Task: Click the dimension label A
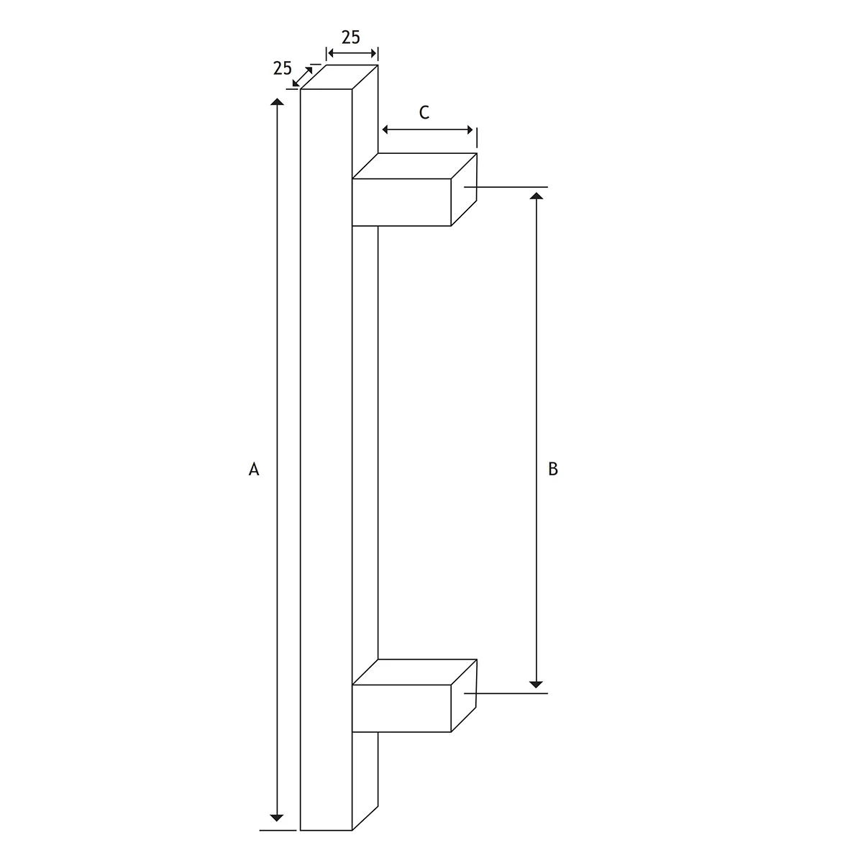[x=253, y=469]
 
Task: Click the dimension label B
[x=552, y=469]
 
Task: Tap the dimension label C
[x=424, y=112]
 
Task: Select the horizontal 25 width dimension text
[x=351, y=37]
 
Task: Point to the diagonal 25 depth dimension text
[x=282, y=68]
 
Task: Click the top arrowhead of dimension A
[x=277, y=101]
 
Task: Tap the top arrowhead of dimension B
[x=536, y=196]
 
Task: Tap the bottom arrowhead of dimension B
[x=536, y=685]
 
